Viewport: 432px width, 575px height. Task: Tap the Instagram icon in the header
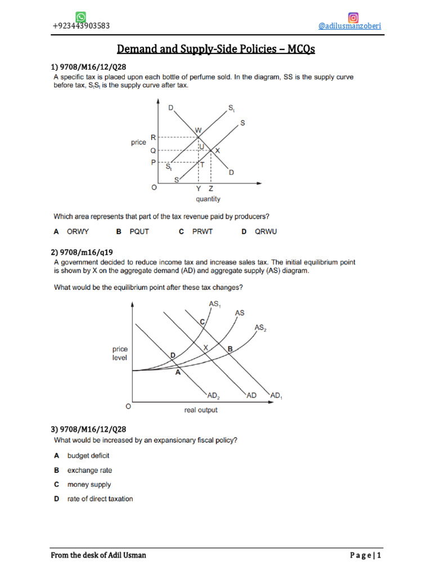(x=354, y=17)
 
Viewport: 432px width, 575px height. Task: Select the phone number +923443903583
(x=81, y=26)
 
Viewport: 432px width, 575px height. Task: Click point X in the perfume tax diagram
(x=217, y=150)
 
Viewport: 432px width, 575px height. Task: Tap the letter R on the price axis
(x=153, y=137)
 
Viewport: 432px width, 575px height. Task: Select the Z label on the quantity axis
(x=211, y=189)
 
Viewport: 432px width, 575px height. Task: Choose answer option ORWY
(x=78, y=231)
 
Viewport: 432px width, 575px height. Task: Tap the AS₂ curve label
(x=260, y=327)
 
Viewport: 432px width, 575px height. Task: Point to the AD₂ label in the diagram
(x=213, y=396)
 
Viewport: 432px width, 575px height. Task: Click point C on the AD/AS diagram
(x=202, y=322)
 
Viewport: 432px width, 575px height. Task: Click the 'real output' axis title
(x=201, y=410)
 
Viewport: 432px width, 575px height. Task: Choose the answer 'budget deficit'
(x=88, y=456)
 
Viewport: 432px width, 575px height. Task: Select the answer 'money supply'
(x=89, y=485)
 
